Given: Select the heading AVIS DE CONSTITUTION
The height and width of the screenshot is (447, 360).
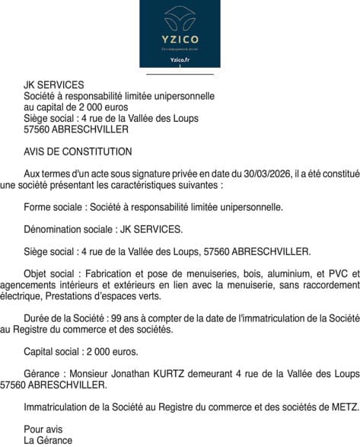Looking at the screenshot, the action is [78, 152].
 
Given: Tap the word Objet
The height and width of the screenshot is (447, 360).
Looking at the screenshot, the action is [36, 273].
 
